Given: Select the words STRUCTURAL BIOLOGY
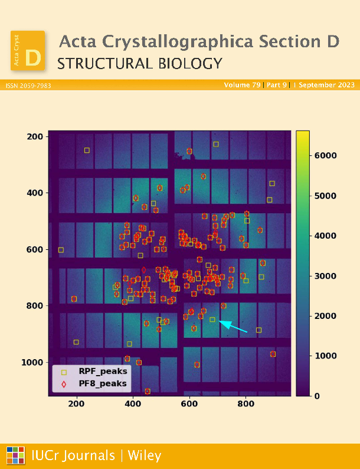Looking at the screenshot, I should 140,64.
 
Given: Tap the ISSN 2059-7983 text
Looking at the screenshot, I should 28,86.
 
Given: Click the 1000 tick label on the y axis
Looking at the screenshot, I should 32,362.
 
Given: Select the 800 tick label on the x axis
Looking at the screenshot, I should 246,403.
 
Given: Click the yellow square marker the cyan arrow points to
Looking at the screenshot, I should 212,320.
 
